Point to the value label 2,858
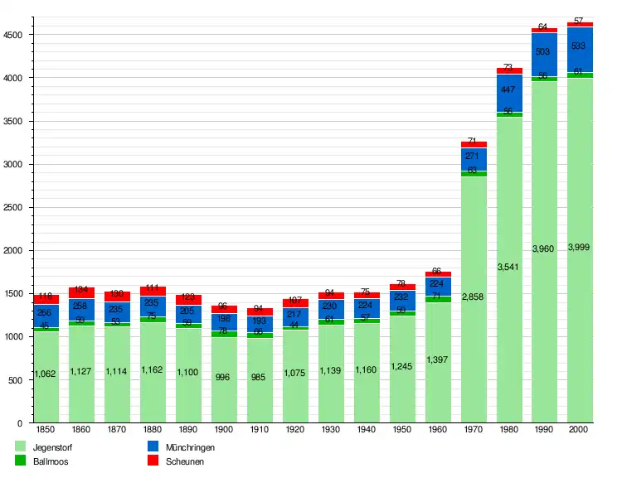point(474,297)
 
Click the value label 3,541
point(508,267)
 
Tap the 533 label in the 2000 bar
point(580,46)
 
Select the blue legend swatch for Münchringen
point(153,446)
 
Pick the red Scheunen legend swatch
point(153,461)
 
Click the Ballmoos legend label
point(50,461)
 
